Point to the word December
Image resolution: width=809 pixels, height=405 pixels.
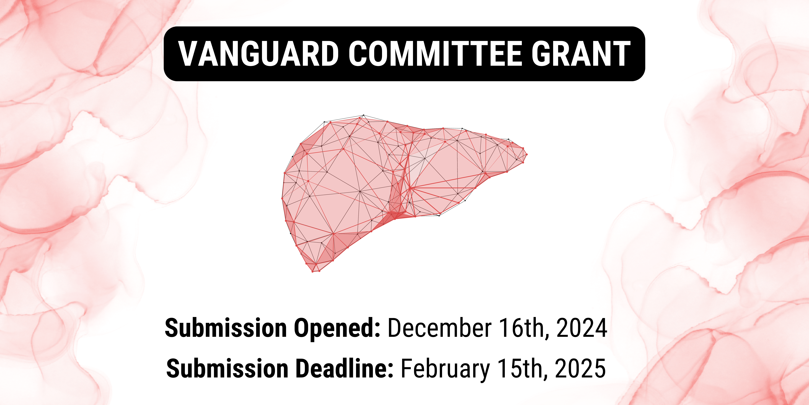click(440, 328)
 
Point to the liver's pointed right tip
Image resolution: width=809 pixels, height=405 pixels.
click(527, 154)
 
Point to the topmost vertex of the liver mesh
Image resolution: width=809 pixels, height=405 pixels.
click(363, 115)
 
